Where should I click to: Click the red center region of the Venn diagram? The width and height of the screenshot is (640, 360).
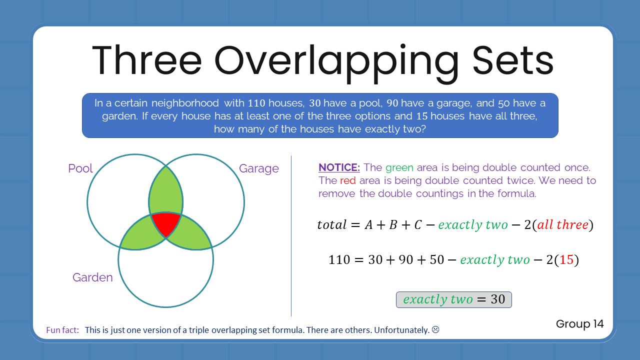166,223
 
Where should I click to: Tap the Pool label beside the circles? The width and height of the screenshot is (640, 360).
80,168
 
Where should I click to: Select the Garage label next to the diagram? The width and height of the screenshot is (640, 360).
258,168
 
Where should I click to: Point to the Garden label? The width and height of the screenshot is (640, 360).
92,277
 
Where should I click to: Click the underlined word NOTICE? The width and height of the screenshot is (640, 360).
339,167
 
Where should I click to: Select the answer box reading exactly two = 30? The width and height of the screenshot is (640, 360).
453,299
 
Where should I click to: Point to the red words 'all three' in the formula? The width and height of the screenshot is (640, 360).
562,225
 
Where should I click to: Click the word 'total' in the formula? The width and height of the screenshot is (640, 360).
331,225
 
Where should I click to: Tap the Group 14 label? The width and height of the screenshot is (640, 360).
579,324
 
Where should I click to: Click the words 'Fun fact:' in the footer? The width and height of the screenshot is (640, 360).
62,330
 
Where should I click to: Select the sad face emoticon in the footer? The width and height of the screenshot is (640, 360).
435,330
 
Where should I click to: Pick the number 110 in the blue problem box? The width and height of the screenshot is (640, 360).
256,103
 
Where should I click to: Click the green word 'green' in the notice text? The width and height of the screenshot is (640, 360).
399,167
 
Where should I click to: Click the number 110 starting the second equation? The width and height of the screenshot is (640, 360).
339,260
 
